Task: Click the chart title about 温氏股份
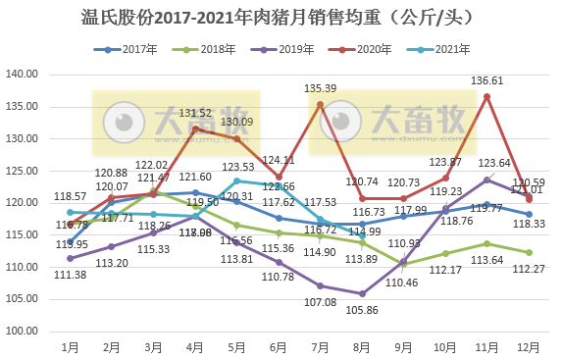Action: [281, 18]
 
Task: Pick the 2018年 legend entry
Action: [203, 48]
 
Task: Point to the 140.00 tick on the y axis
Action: [22, 75]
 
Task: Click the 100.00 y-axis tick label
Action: [22, 331]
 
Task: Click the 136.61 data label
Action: [487, 81]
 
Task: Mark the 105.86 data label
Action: [363, 309]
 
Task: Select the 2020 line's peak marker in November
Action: [487, 96]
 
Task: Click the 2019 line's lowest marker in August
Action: [363, 293]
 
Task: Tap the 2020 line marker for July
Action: [321, 104]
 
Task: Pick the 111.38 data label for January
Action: [70, 274]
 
